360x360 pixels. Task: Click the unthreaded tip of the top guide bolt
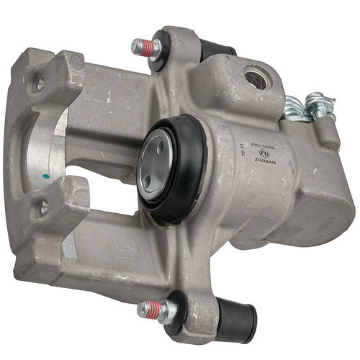[x=135, y=47]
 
